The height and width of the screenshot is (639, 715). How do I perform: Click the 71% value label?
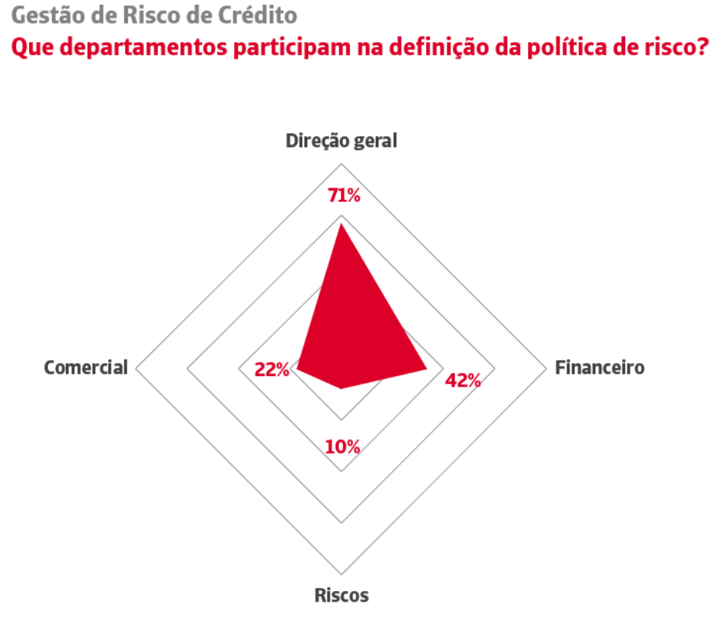pyautogui.click(x=343, y=195)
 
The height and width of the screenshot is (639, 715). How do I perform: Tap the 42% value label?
pyautogui.click(x=463, y=381)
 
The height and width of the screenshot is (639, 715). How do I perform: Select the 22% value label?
pyautogui.click(x=272, y=370)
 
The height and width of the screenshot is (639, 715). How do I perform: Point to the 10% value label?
pyautogui.click(x=342, y=446)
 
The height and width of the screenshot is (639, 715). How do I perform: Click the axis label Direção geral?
pyautogui.click(x=341, y=141)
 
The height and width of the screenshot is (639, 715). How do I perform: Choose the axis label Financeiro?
pyautogui.click(x=600, y=368)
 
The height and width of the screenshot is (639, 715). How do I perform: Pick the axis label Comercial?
pyautogui.click(x=85, y=368)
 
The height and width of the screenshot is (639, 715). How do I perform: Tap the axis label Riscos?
pyautogui.click(x=341, y=596)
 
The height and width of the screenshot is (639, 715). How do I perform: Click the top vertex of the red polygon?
pyautogui.click(x=341, y=223)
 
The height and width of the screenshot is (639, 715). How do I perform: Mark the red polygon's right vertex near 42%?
pyautogui.click(x=426, y=369)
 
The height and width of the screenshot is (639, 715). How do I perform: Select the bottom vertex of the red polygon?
pyautogui.click(x=341, y=389)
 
